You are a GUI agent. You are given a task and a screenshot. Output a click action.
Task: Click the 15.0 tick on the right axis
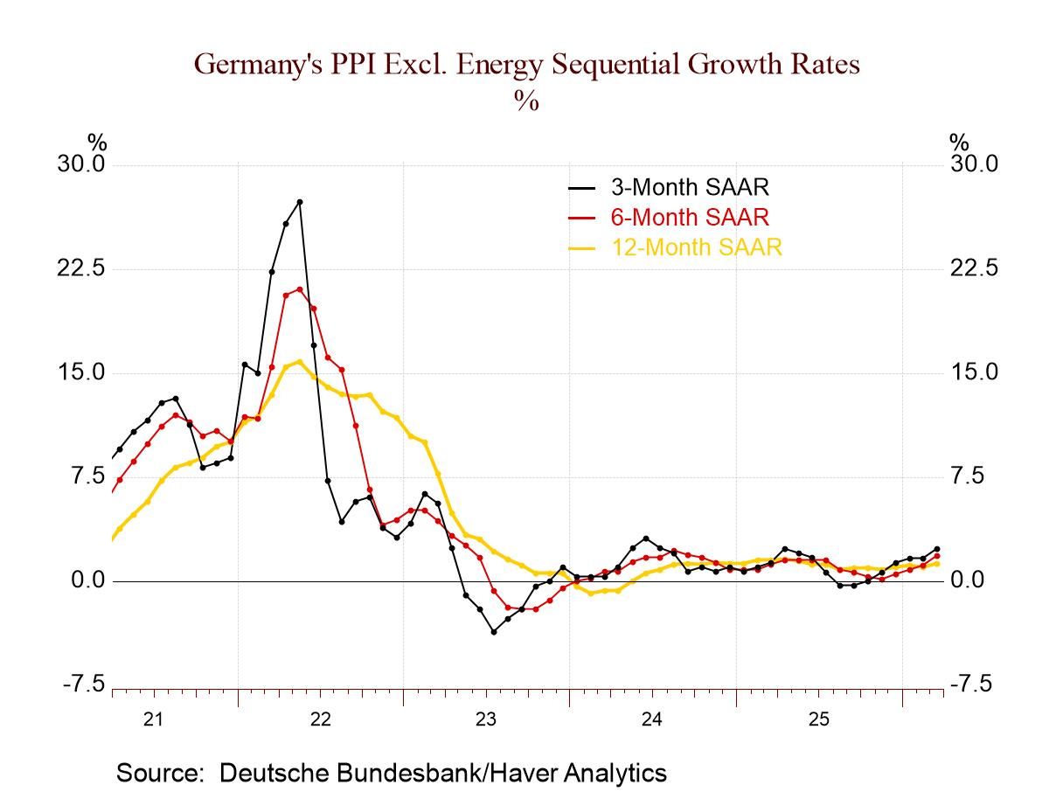click(x=974, y=372)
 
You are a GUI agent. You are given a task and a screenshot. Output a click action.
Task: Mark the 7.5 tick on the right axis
click(x=967, y=476)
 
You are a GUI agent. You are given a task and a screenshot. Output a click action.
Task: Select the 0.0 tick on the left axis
click(x=87, y=580)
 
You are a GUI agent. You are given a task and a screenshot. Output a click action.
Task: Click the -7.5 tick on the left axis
click(x=84, y=684)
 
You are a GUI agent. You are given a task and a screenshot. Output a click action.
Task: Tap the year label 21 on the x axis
click(x=153, y=719)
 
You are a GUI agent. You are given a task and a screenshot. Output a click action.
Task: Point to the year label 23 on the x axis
click(x=486, y=719)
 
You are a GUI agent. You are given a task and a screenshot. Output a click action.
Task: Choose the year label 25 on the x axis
click(x=818, y=719)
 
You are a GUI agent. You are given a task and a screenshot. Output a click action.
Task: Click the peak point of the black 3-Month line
click(x=300, y=202)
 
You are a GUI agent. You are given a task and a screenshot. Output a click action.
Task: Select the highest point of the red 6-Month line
click(x=300, y=289)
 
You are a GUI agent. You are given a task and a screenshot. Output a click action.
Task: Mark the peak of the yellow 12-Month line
click(x=300, y=361)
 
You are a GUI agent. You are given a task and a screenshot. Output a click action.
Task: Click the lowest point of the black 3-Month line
click(x=494, y=631)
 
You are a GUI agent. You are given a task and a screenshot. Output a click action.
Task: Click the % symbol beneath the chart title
click(x=526, y=101)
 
